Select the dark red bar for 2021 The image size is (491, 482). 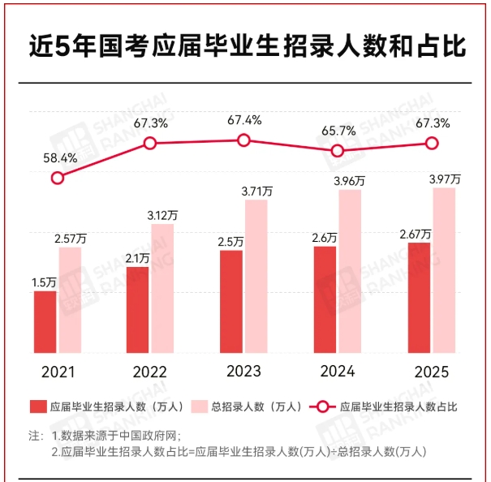(45, 322)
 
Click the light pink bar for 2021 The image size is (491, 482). (70, 300)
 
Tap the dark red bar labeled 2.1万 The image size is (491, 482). (138, 310)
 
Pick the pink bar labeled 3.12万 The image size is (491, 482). (162, 288)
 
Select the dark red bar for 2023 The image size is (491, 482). (231, 302)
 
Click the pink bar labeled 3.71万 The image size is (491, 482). (256, 276)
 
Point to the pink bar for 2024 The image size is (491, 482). (350, 272)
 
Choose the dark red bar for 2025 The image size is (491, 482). (419, 298)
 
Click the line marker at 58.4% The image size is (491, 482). (57, 178)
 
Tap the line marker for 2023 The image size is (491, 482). (243, 140)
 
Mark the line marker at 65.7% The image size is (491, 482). (338, 150)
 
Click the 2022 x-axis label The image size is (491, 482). (150, 372)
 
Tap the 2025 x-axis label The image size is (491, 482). (431, 372)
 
